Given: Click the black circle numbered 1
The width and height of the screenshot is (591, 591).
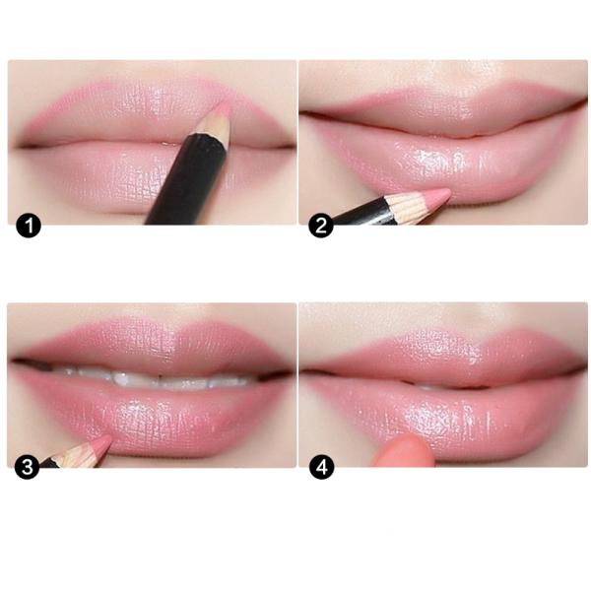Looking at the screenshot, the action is click(x=29, y=227).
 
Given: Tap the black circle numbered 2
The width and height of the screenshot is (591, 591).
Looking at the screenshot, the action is click(x=321, y=227).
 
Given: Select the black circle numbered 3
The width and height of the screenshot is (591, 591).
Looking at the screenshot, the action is click(x=27, y=468).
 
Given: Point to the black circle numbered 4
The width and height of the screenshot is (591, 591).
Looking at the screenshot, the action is click(x=321, y=468).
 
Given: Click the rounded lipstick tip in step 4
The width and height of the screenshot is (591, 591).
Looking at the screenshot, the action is click(x=403, y=450).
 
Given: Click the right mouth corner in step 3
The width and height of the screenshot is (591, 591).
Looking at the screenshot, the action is click(x=288, y=373).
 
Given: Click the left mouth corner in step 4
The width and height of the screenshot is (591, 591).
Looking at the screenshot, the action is click(x=307, y=372).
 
